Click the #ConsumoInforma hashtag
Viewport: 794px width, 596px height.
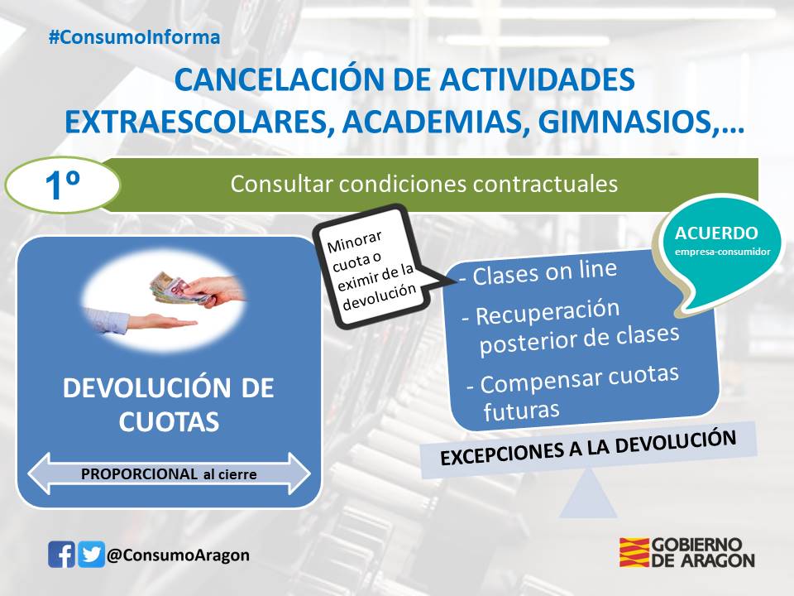click(x=134, y=37)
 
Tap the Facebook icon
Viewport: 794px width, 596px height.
click(x=61, y=554)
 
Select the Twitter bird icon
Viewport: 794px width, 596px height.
click(x=91, y=554)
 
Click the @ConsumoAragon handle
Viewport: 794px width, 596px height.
click(x=179, y=555)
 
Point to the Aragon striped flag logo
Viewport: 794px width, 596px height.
click(x=634, y=552)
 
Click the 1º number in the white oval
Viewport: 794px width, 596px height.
click(x=62, y=185)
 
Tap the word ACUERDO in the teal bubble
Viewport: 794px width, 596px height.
click(x=716, y=233)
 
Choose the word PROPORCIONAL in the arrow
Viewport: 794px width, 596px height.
click(x=139, y=474)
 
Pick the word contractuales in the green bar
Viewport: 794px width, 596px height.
click(x=545, y=184)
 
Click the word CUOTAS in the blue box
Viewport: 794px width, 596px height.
click(x=169, y=421)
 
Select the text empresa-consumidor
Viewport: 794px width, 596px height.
click(x=722, y=252)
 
